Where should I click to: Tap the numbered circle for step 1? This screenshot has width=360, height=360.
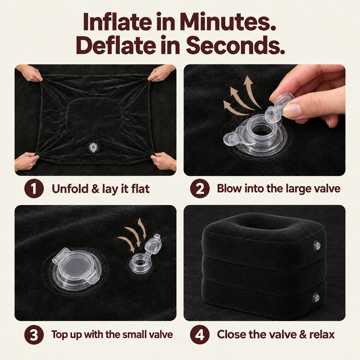tap(34, 188)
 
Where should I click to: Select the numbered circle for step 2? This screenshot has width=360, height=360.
tap(200, 188)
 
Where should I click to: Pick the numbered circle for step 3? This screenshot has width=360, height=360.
tap(34, 335)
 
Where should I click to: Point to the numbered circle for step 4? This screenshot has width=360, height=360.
tap(200, 335)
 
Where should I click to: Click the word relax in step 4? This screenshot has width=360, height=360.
tap(322, 335)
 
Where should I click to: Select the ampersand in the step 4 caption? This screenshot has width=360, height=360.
tap(303, 335)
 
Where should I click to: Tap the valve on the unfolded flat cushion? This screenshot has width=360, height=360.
tap(92, 147)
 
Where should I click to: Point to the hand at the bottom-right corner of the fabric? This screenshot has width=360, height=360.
tap(163, 161)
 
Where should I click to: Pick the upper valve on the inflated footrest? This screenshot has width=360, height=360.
tap(317, 245)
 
